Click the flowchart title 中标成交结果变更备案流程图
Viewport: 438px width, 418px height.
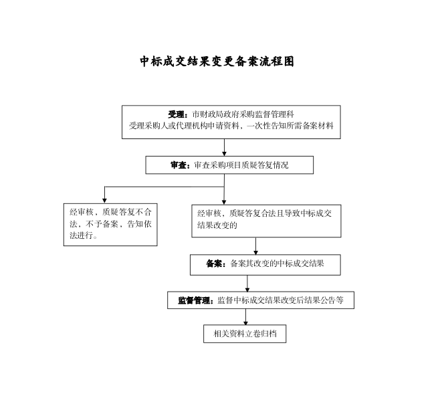pos(217,62)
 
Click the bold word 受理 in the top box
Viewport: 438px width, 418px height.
pos(176,114)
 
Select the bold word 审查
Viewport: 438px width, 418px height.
pos(179,165)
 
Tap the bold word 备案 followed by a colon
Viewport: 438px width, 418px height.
pos(214,264)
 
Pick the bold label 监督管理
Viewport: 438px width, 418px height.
pos(194,300)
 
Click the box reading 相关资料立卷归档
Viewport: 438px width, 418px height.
pos(245,334)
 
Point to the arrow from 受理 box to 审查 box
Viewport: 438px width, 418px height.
pos(224,148)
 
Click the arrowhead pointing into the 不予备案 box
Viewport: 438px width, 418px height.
pos(104,201)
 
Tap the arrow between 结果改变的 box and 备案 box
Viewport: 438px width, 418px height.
pos(255,246)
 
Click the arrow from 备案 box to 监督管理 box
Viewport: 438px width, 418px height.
pos(247,284)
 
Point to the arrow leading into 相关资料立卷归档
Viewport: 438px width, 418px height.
pos(245,317)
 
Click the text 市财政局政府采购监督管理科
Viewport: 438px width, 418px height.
pos(243,114)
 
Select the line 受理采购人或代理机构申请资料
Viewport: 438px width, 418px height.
pos(184,126)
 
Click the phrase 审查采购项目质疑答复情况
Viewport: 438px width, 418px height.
pos(241,165)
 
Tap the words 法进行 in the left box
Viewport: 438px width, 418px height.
pos(81,235)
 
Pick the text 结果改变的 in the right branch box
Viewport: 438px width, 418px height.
pos(217,225)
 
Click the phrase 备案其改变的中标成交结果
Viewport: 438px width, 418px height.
pos(277,264)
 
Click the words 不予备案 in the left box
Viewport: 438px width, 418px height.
pos(102,224)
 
